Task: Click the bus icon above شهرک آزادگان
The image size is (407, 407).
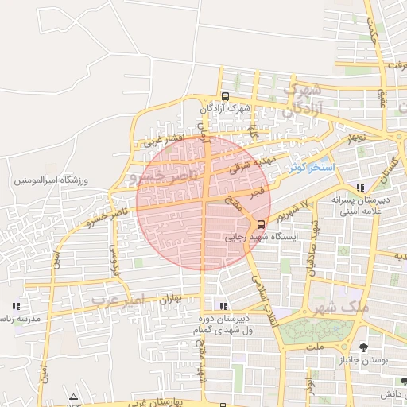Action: (225, 96)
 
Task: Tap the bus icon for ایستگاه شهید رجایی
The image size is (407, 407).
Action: (262, 223)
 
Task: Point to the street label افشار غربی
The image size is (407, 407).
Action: (164, 141)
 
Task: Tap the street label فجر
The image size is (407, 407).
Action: (256, 192)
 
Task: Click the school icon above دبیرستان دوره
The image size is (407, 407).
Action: (223, 305)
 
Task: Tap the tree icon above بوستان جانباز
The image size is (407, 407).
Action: (363, 347)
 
